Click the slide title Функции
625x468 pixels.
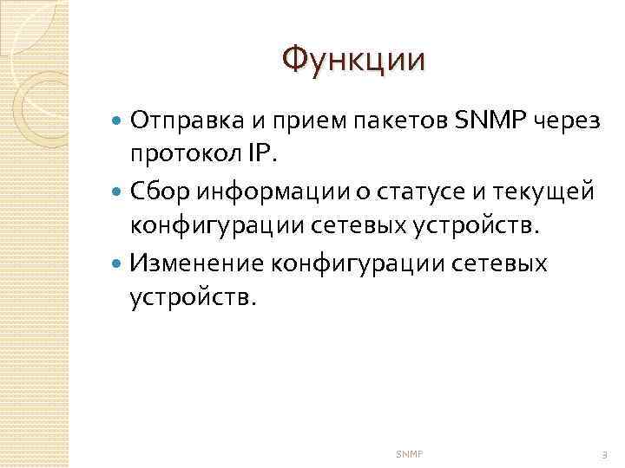click(x=354, y=60)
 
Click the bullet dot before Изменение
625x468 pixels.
click(x=119, y=262)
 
